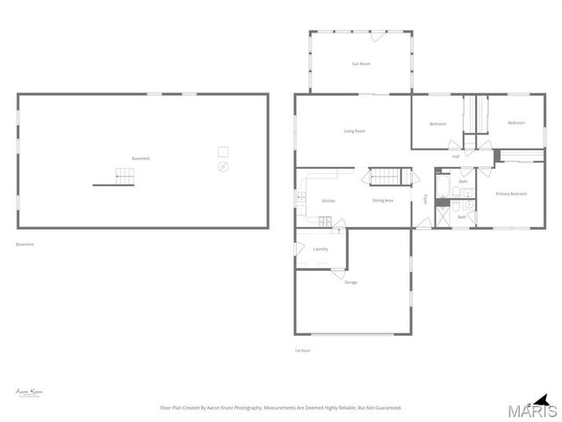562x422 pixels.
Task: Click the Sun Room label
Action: click(x=361, y=64)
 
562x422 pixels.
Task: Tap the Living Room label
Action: click(x=354, y=131)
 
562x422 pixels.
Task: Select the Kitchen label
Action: click(x=328, y=201)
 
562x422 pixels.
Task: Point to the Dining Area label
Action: click(x=383, y=200)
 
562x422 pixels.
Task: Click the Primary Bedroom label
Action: click(x=511, y=193)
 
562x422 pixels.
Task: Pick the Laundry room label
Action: click(x=321, y=249)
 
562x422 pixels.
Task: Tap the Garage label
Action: click(x=350, y=282)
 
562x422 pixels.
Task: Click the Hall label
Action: click(x=456, y=156)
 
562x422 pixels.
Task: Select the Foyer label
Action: click(x=426, y=200)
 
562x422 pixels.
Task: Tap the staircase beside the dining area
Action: click(x=384, y=177)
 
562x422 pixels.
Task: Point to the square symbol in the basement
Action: click(x=223, y=150)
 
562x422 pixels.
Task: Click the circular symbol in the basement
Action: click(x=223, y=166)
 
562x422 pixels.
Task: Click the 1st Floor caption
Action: click(x=302, y=350)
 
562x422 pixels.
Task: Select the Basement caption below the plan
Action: click(x=25, y=244)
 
